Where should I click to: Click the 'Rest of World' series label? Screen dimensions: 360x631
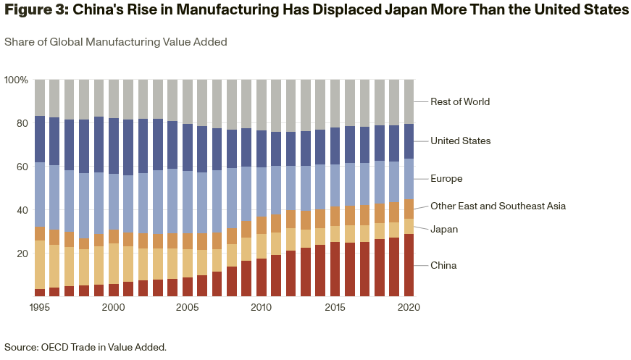[460, 102]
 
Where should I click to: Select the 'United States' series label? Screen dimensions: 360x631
[460, 141]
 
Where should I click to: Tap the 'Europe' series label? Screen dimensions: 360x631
[446, 179]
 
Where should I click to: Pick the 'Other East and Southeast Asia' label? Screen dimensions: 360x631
[498, 206]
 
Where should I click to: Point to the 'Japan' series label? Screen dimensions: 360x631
[444, 230]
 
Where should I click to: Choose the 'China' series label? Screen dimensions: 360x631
[443, 266]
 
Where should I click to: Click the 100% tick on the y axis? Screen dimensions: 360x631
[16, 80]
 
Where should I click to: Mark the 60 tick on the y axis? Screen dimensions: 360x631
[22, 167]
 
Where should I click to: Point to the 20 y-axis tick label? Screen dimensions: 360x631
[22, 254]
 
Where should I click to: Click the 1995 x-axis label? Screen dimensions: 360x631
[40, 307]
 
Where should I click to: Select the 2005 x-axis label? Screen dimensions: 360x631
[187, 307]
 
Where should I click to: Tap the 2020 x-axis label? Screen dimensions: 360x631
[409, 307]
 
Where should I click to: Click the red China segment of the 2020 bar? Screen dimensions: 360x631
[409, 265]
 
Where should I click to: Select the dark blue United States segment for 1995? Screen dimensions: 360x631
[40, 139]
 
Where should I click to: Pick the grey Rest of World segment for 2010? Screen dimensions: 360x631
[261, 105]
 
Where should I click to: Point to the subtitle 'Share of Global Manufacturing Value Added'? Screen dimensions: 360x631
[116, 42]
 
